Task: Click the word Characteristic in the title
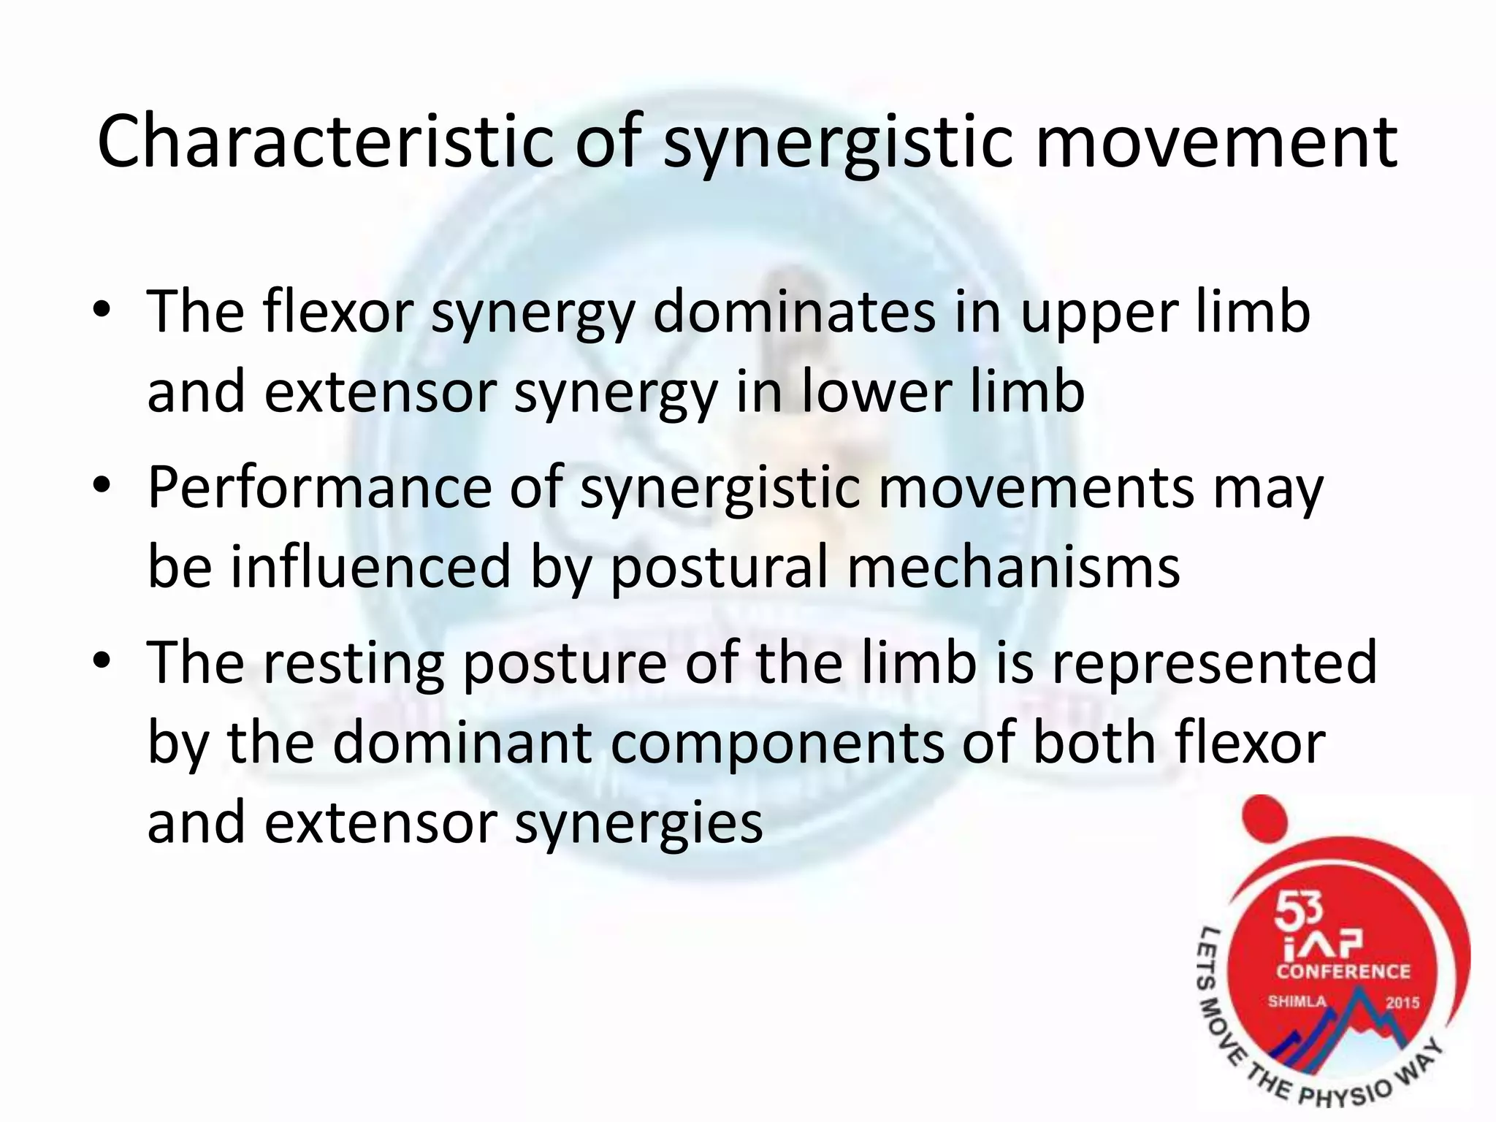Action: [327, 142]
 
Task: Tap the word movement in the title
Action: [1216, 142]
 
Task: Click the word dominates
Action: [794, 313]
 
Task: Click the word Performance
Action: [320, 487]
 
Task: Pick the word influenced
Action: [370, 567]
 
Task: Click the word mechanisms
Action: [1013, 567]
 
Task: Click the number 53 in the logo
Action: [1298, 912]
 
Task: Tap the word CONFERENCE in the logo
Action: [1343, 971]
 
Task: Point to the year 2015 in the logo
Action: [1402, 1002]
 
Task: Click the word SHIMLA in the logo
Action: [1297, 1001]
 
